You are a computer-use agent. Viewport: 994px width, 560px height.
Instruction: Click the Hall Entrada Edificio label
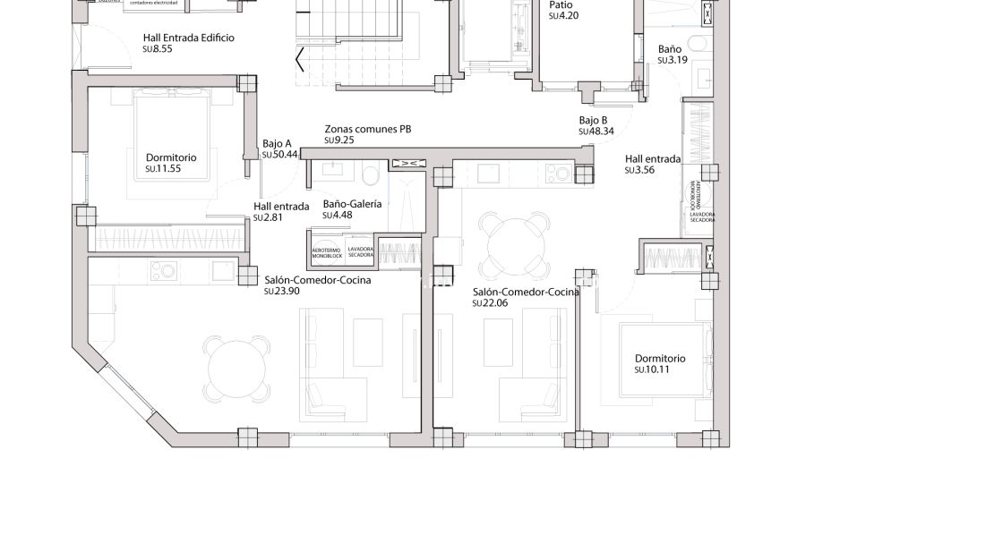[x=188, y=38]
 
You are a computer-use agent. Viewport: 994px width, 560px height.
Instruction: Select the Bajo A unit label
[x=277, y=143]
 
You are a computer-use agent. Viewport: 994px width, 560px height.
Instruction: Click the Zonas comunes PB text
[x=367, y=129]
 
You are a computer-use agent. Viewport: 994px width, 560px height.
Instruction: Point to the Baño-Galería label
[x=352, y=204]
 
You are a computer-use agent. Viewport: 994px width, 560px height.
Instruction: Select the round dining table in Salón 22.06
[x=514, y=243]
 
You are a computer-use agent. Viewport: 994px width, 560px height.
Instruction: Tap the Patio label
[x=561, y=4]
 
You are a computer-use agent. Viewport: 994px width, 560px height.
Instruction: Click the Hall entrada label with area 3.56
[x=652, y=159]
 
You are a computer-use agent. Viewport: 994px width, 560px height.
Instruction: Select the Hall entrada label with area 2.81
[x=280, y=207]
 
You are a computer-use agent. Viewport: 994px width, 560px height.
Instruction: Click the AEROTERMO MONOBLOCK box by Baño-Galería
[x=326, y=252]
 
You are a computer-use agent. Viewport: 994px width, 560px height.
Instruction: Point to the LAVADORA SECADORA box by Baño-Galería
[x=360, y=252]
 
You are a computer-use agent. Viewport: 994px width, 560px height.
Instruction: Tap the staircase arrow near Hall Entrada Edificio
[x=300, y=61]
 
